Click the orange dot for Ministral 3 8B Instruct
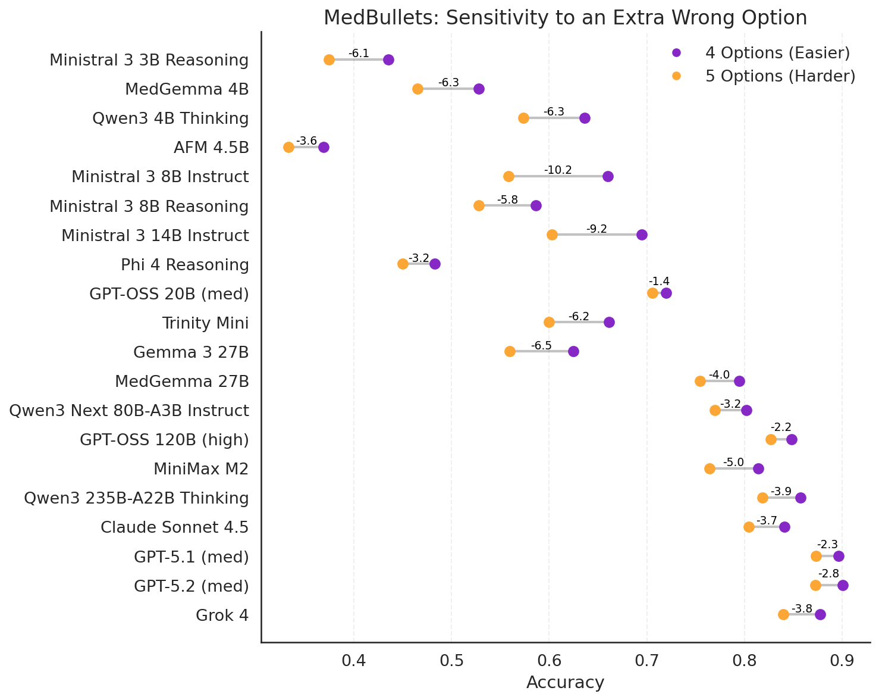[x=508, y=176]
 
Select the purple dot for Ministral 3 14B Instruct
[x=642, y=235]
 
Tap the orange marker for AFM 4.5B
[x=288, y=147]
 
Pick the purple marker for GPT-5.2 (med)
[x=843, y=585]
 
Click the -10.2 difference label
[x=558, y=170]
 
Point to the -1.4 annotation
[x=659, y=281]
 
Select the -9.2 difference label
[x=597, y=229]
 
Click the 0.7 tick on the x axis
[x=646, y=661]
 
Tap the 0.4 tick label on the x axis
[x=354, y=661]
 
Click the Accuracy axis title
[x=565, y=683]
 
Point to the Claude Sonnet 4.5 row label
[x=174, y=527]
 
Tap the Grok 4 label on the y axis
[x=222, y=615]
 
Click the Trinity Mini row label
[x=205, y=323]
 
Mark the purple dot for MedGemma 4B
[x=479, y=89]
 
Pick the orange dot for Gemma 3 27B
[x=510, y=351]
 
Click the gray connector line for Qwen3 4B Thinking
[x=554, y=118]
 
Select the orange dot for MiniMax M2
[x=710, y=468]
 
